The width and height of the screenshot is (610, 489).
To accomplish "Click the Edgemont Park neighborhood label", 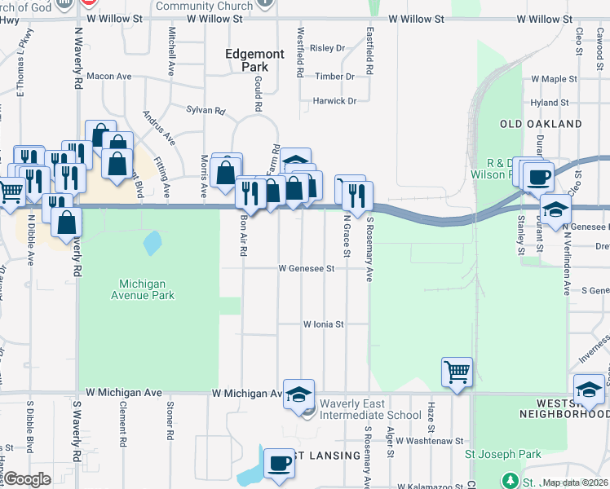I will (x=255, y=60).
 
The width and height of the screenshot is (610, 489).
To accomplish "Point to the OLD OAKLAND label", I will (x=541, y=124).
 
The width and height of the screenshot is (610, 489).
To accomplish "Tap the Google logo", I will (x=28, y=479).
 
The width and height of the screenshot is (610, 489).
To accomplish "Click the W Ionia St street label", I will (x=324, y=324).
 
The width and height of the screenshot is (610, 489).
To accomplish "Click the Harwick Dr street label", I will (x=335, y=101).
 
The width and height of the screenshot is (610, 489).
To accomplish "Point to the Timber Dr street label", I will (x=335, y=77).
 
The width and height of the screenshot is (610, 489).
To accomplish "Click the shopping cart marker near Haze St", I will (x=457, y=372).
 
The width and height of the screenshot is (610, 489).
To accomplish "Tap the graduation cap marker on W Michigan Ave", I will (x=298, y=394).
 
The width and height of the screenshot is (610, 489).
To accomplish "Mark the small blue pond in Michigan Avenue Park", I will (x=152, y=242).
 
